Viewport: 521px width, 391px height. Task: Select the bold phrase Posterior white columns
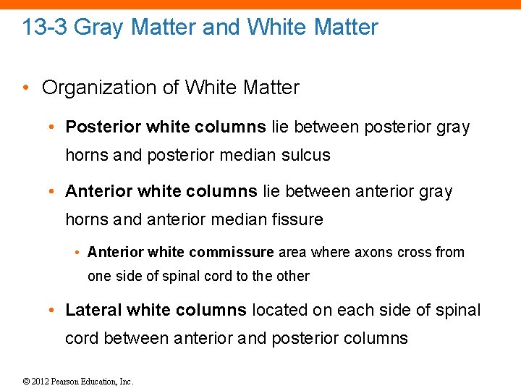(x=166, y=127)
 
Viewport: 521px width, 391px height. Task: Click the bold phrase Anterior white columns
(x=161, y=191)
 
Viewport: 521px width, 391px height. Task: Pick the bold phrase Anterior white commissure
(x=181, y=252)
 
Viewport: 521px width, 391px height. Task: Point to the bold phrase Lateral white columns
(x=156, y=311)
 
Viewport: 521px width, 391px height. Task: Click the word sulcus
(x=308, y=155)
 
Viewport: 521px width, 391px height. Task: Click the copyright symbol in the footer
(x=27, y=382)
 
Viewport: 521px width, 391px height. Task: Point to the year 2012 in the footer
(x=41, y=382)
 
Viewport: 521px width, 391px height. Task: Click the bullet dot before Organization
(x=27, y=88)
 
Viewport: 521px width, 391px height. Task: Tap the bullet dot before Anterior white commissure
(x=77, y=253)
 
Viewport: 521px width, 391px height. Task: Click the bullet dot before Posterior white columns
(x=54, y=128)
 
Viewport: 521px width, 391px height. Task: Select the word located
(x=279, y=311)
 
